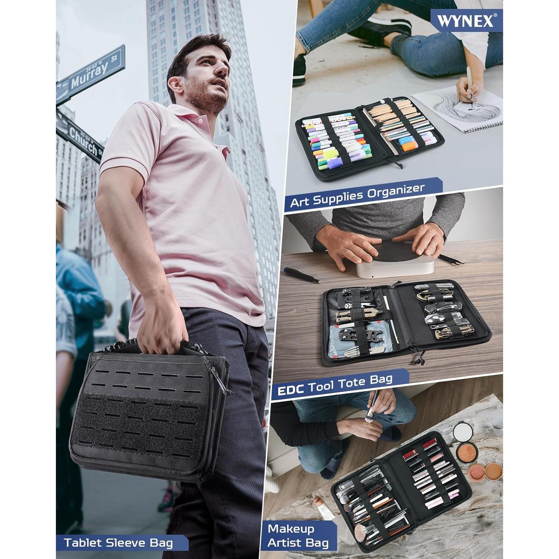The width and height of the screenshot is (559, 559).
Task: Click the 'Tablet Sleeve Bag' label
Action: [119, 542]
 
